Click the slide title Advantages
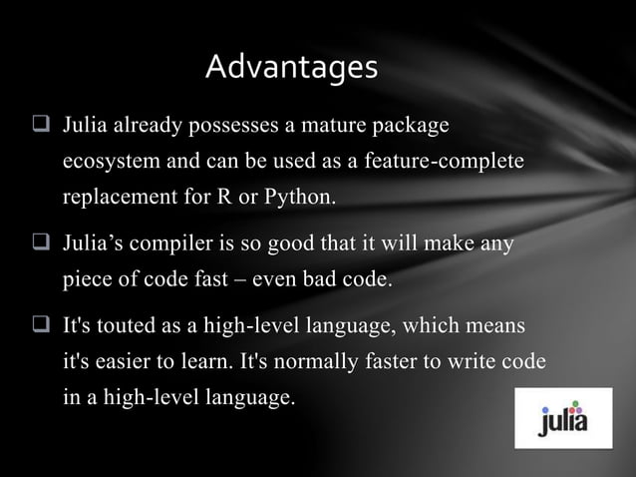coord(291,67)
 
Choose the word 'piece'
coord(85,278)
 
